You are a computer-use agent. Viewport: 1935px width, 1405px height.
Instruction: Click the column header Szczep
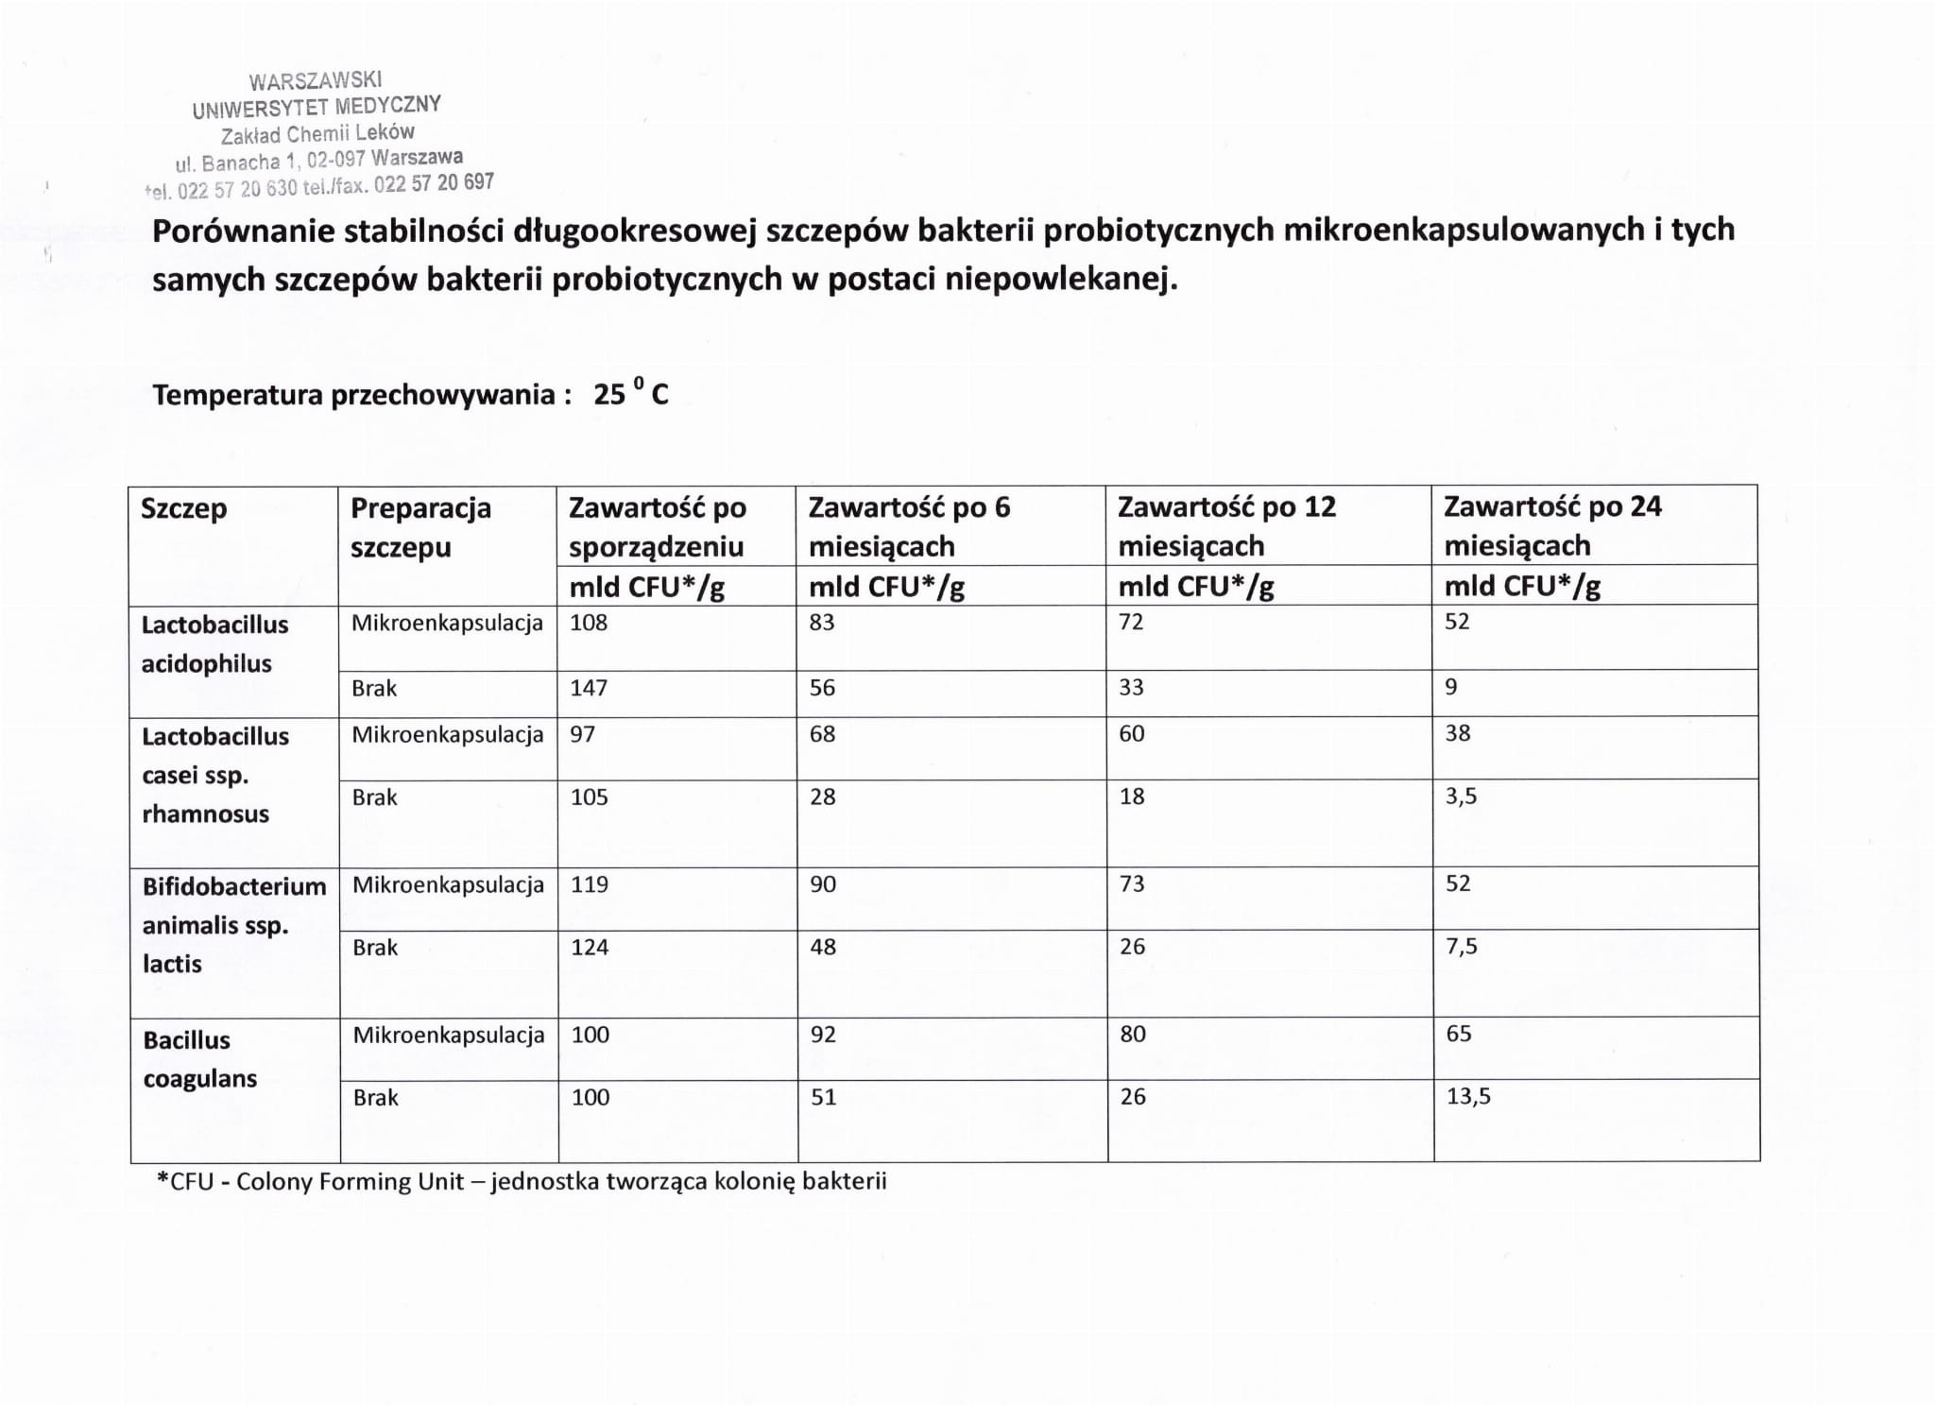[x=184, y=508]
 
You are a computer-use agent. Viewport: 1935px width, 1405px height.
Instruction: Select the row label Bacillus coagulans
[x=200, y=1059]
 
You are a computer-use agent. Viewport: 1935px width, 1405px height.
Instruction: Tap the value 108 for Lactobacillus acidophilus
[x=589, y=624]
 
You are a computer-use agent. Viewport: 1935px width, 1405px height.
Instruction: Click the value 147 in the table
[x=589, y=688]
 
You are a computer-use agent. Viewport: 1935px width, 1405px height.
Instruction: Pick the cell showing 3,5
[x=1461, y=797]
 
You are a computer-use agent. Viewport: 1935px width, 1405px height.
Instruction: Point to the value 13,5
[x=1468, y=1097]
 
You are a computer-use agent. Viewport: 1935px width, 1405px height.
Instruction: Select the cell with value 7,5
[x=1461, y=947]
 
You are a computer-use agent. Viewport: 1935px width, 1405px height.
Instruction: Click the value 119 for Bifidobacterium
[x=590, y=885]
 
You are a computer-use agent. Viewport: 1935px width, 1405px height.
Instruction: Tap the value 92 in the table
[x=823, y=1035]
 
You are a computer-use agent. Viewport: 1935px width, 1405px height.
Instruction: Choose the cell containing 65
[x=1459, y=1034]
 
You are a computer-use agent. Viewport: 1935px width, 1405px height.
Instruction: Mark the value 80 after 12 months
[x=1133, y=1035]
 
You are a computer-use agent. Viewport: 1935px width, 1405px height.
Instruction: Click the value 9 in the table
[x=1451, y=687]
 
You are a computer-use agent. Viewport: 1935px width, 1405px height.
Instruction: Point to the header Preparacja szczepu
[x=420, y=527]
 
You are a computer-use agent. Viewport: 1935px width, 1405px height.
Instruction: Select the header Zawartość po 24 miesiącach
[x=1552, y=525]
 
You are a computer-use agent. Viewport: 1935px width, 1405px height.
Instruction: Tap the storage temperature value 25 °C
[x=630, y=393]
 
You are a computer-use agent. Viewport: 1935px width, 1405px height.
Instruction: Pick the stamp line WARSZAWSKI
[x=316, y=80]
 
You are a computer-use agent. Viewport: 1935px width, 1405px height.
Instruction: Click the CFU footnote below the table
[x=522, y=1182]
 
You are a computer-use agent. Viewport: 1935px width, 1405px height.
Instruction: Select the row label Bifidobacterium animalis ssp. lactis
[x=234, y=925]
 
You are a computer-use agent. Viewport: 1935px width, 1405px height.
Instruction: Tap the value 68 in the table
[x=822, y=734]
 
